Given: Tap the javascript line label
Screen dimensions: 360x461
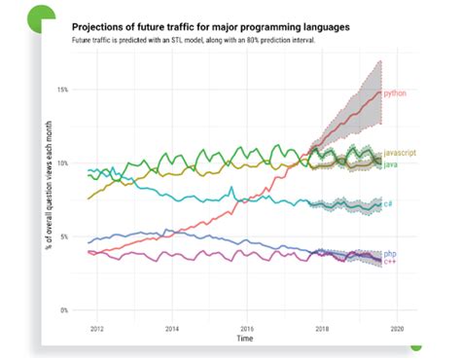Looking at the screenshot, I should [x=402, y=155].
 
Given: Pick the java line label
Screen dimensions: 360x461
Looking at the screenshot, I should [x=392, y=164].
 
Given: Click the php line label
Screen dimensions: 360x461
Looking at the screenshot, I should [x=389, y=253].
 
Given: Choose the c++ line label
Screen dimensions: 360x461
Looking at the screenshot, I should [x=389, y=261].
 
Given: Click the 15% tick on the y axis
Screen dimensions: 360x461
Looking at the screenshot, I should [x=61, y=90].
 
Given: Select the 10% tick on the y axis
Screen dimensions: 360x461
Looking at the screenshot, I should [x=61, y=163].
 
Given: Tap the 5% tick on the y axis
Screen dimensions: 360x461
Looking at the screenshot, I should [x=63, y=236].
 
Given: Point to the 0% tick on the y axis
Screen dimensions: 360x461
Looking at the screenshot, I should [x=63, y=310].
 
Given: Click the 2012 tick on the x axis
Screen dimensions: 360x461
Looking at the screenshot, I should [x=96, y=329].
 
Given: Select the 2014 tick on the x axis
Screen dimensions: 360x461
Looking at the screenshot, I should [x=172, y=329].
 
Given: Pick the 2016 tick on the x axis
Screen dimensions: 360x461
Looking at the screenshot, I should [x=247, y=329].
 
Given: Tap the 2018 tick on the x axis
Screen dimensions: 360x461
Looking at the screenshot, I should [x=322, y=329].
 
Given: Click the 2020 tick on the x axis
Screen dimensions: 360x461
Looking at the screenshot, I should [x=397, y=329].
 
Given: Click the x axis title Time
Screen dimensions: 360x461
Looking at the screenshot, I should [x=246, y=340].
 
